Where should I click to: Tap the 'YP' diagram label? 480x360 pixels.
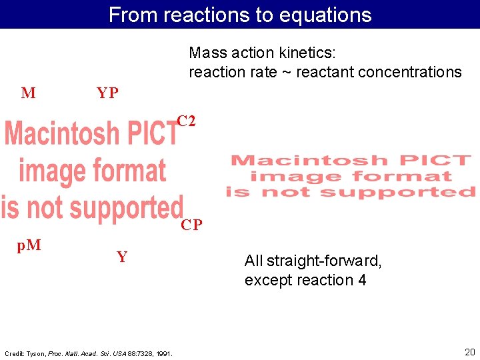[107, 93]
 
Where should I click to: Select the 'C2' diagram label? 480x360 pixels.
[186, 121]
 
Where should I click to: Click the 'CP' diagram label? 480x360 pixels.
[191, 225]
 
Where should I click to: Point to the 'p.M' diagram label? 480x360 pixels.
[29, 245]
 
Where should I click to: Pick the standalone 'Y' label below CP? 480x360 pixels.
[122, 257]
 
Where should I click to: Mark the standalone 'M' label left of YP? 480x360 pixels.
[28, 93]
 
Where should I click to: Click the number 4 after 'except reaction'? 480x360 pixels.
[361, 280]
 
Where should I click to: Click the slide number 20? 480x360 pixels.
[469, 351]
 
